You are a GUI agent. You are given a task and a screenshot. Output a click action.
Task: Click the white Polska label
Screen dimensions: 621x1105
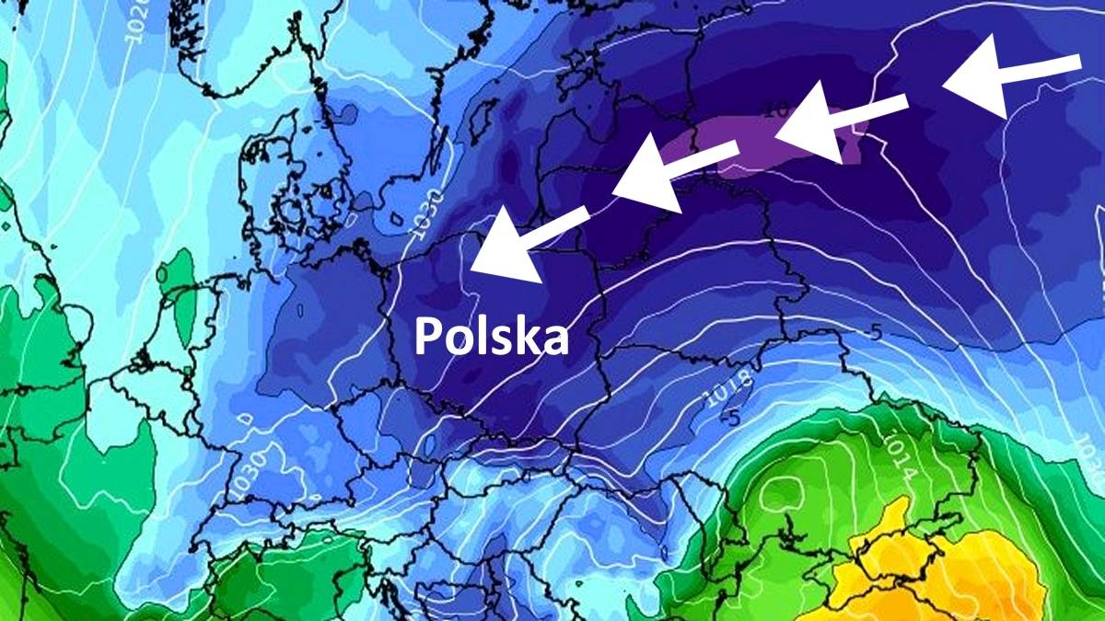pyautogui.click(x=491, y=337)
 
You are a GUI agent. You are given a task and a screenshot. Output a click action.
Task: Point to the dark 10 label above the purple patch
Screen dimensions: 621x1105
pyautogui.click(x=776, y=110)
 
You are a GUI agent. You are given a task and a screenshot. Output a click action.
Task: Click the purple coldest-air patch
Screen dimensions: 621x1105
pyautogui.click(x=737, y=147)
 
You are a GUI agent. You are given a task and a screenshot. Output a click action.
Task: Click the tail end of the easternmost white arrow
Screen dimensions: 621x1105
pyautogui.click(x=1077, y=61)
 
